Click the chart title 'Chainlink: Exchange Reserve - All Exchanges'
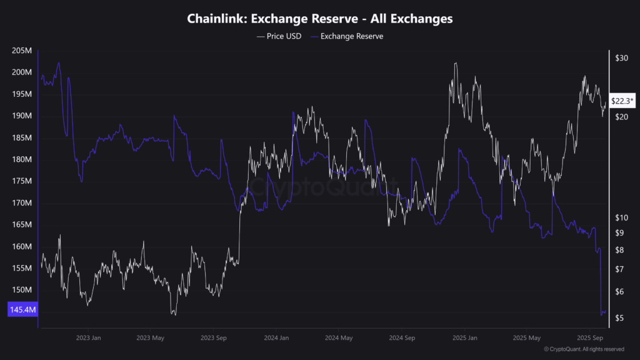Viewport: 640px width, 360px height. coord(320,19)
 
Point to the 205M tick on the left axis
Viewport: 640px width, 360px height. coord(22,51)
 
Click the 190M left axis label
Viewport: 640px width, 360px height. coord(22,116)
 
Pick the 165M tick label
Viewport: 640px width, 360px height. coord(22,225)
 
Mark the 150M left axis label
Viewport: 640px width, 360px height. coord(22,290)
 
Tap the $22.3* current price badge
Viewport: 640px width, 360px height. coord(622,101)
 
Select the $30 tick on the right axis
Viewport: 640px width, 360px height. coord(622,58)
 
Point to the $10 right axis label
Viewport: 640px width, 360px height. coord(622,217)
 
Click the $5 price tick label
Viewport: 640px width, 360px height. coord(619,319)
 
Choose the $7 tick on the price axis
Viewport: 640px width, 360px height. coord(619,269)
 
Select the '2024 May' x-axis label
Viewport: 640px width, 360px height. coord(338,337)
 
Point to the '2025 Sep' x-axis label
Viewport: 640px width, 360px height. coord(589,337)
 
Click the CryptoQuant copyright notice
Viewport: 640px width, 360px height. coord(584,349)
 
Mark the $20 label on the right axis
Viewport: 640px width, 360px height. coord(622,117)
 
